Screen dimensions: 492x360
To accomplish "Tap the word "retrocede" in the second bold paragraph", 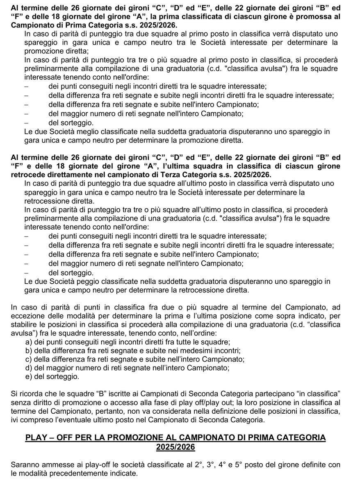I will [x=27, y=175].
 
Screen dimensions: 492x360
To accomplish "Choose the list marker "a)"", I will [x=29, y=342].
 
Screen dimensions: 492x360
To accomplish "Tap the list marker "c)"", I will [x=29, y=359].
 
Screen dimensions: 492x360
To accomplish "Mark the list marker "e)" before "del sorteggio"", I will [x=29, y=376].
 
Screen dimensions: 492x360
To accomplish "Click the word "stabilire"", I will [x=24, y=324].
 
